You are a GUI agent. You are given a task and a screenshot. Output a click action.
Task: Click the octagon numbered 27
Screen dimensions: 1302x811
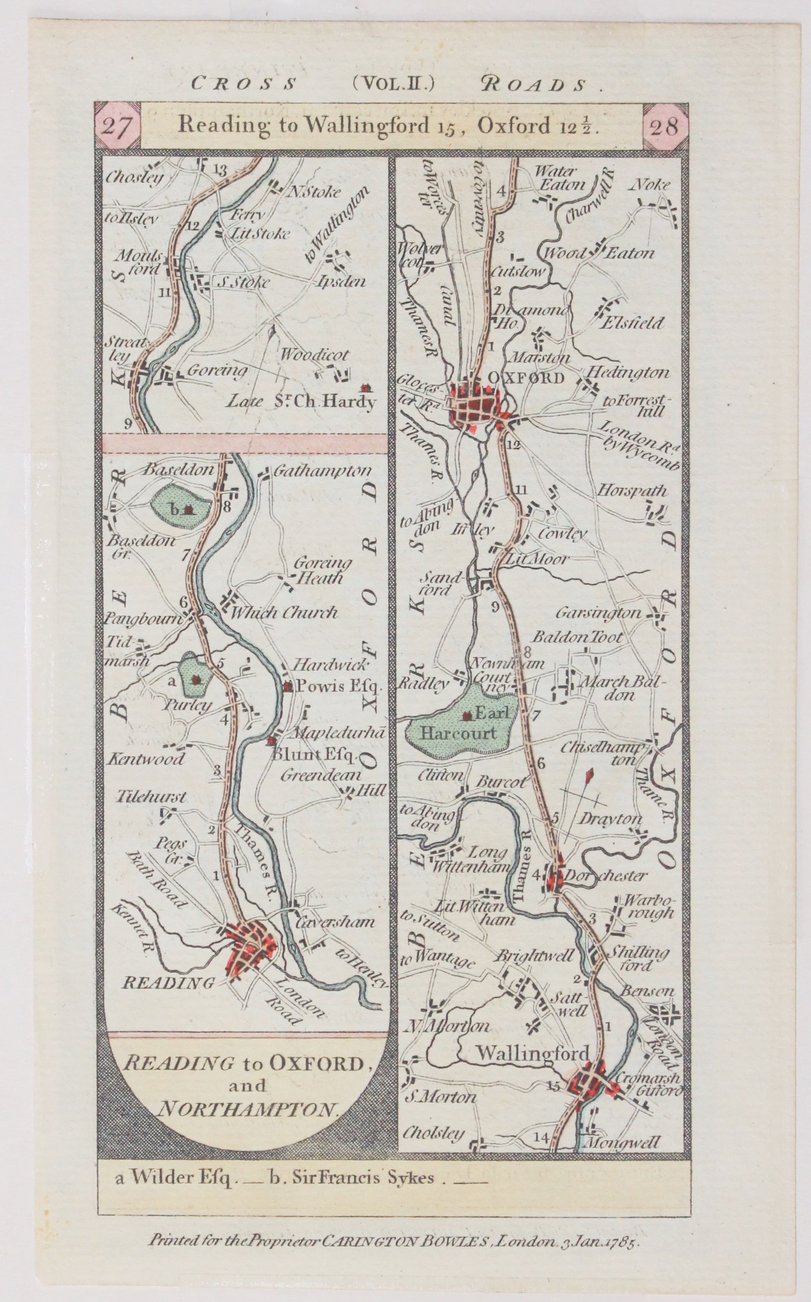[117, 127]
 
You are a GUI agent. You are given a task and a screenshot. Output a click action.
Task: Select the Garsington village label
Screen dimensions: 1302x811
[598, 612]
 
